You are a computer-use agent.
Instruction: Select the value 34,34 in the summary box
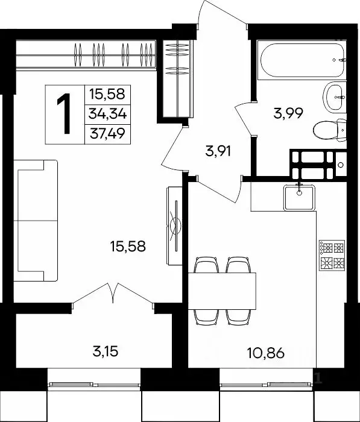[x=108, y=115]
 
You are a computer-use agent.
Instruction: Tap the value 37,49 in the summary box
[x=108, y=134]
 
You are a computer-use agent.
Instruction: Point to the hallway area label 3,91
[x=218, y=151]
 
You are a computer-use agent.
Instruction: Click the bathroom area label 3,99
[x=288, y=113]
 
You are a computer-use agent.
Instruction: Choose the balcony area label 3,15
[x=106, y=351]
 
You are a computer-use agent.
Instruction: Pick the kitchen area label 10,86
[x=266, y=353]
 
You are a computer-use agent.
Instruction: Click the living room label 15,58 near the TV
[x=128, y=246]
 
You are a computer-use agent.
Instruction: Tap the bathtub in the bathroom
[x=302, y=60]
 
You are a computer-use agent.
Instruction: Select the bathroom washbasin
[x=335, y=98]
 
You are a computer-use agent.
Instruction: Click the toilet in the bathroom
[x=330, y=130]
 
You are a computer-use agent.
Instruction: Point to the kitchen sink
[x=299, y=197]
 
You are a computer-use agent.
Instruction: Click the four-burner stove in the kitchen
[x=332, y=255]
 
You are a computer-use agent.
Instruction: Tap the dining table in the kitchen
[x=222, y=291]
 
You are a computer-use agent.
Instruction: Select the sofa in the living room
[x=36, y=221]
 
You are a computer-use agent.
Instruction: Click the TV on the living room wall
[x=174, y=226]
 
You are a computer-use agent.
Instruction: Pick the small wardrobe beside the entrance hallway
[x=178, y=78]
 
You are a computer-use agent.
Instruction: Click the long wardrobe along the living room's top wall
[x=86, y=55]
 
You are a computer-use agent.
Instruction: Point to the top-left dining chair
[x=206, y=265]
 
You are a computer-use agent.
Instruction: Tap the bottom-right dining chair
[x=238, y=317]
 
